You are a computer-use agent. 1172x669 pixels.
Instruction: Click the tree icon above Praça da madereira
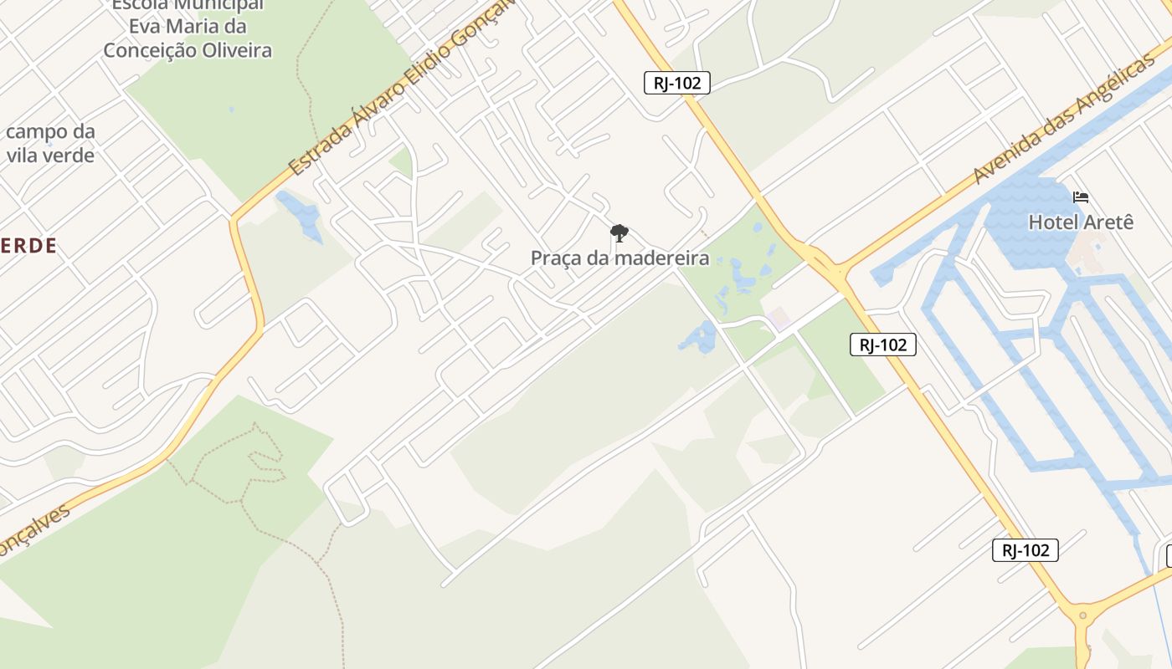(x=619, y=233)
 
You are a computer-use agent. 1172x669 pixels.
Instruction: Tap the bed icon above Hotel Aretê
(x=1081, y=197)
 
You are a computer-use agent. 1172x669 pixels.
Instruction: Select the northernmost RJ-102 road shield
(x=677, y=82)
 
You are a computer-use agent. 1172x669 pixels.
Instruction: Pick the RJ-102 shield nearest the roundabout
(x=1025, y=549)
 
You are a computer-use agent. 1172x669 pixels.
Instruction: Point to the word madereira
(x=661, y=258)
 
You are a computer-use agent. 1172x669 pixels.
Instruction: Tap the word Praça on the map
(x=556, y=258)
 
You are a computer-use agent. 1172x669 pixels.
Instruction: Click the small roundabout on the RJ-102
(x=1082, y=616)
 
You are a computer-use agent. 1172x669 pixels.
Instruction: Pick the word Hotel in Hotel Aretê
(x=1053, y=222)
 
